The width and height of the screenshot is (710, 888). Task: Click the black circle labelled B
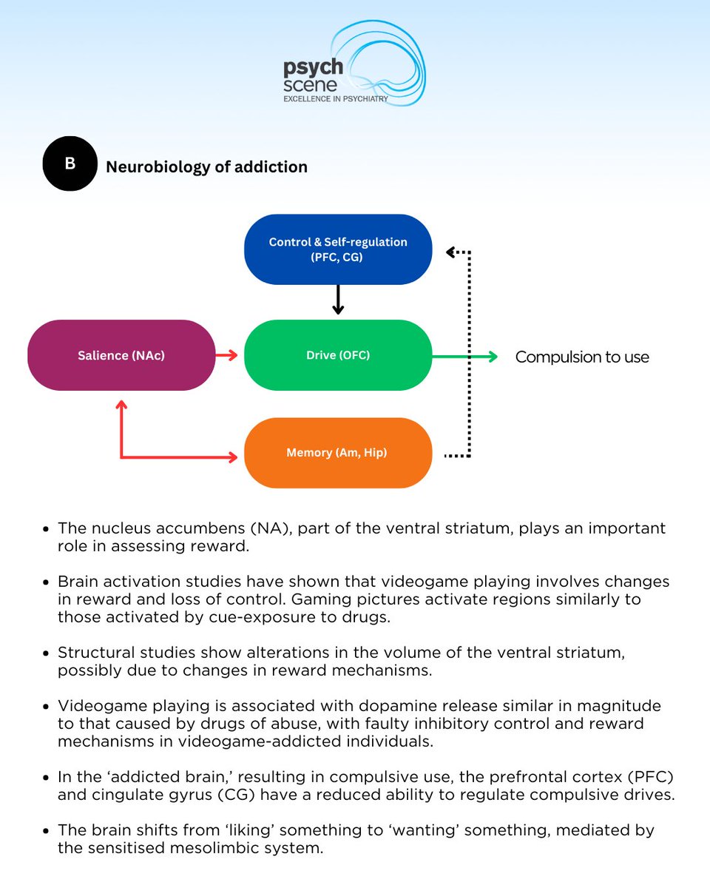(70, 164)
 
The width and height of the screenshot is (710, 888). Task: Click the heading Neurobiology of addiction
(206, 167)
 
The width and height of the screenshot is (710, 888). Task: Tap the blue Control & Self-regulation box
(338, 249)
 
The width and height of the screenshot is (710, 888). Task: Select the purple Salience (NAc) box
(121, 355)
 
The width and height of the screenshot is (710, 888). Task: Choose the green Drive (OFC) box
(338, 355)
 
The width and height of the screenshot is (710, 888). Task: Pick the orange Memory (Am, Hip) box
(338, 452)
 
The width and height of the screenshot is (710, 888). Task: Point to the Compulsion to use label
(582, 357)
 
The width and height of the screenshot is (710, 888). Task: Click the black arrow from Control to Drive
(338, 300)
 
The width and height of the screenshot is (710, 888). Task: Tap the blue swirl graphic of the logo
(385, 63)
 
